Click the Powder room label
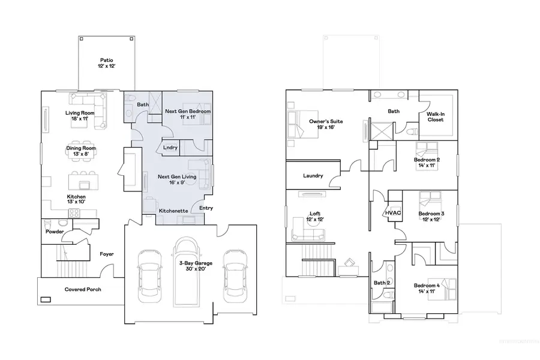pos(55,232)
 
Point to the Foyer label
pos(107,254)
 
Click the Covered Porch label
pos(83,289)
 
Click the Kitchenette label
pos(173,211)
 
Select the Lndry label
pos(169,147)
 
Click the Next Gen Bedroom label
pos(188,115)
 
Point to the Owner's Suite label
pos(322,124)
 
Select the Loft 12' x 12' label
pos(315,216)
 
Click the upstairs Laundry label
pos(313,176)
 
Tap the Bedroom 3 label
pos(431,217)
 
